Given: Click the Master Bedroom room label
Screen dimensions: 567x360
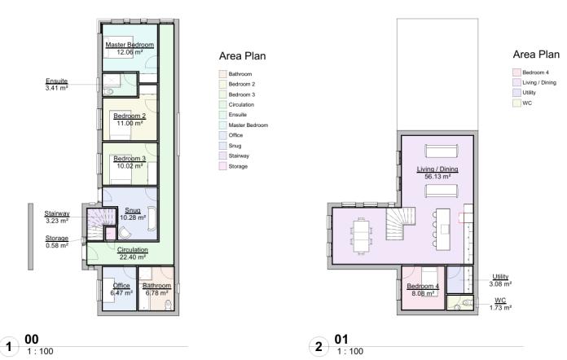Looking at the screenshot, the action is click(130, 45).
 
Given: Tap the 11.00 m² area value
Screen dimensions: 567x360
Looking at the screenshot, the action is click(130, 123).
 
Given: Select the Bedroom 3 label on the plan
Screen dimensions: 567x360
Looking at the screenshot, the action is click(130, 158).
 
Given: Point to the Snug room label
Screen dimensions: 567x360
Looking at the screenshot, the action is click(132, 210).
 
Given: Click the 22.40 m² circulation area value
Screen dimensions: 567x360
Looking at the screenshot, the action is click(132, 257).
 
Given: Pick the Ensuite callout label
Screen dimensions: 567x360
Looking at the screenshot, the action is click(56, 81).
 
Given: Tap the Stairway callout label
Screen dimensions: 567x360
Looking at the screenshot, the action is click(57, 213).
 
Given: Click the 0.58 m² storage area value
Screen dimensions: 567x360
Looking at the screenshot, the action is click(57, 245).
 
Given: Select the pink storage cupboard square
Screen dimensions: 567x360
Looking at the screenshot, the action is click(110, 234).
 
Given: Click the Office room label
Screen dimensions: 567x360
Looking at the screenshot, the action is click(121, 285).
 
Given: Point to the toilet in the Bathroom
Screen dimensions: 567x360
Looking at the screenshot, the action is click(169, 305).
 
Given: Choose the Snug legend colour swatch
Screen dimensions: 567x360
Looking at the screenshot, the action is click(222, 146).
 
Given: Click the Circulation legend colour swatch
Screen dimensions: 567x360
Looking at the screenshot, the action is click(222, 104).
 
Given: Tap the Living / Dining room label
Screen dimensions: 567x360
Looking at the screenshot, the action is click(437, 169).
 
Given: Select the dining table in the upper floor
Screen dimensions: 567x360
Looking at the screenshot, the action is click(362, 236).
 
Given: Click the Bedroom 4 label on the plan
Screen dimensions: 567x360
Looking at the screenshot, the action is click(423, 286).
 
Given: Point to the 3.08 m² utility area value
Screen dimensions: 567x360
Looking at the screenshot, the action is click(500, 284).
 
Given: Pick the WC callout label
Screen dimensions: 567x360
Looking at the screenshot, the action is click(500, 300).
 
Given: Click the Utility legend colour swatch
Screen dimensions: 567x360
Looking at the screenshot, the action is click(516, 93).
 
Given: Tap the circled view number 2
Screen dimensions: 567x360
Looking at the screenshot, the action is click(319, 347).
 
